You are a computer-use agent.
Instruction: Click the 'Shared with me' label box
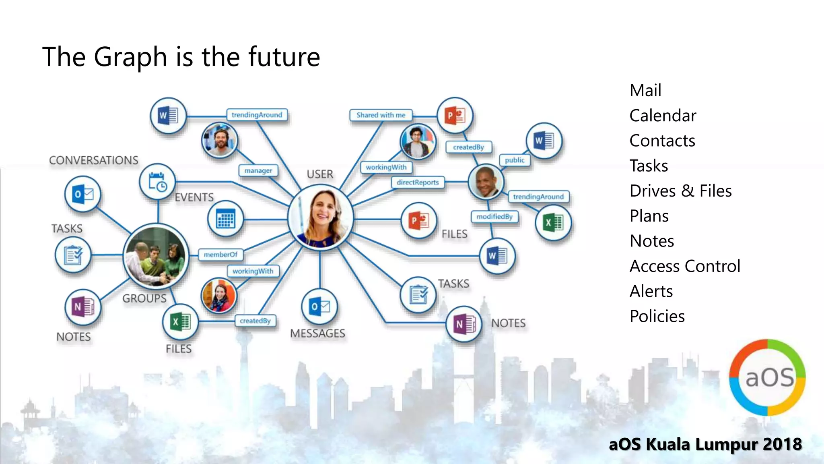[381, 115]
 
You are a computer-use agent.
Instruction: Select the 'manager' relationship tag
[258, 170]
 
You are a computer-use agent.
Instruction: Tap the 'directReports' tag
[418, 182]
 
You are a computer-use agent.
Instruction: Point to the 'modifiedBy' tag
[494, 217]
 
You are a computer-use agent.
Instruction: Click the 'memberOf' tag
[220, 255]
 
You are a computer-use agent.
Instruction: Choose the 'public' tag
[515, 160]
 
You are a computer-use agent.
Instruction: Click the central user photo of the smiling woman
[321, 217]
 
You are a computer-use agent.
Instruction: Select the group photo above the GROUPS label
[156, 256]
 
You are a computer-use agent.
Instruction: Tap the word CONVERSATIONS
[94, 160]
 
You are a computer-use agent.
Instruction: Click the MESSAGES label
[318, 333]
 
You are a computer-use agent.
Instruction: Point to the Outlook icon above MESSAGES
[319, 307]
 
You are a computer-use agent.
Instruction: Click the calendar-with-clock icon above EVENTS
[157, 182]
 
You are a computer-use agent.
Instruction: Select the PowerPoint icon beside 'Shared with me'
[455, 116]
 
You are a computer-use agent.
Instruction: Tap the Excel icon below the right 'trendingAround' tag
[553, 222]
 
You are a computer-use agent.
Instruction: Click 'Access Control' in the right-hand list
[685, 266]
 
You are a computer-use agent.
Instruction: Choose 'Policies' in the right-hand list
[657, 317]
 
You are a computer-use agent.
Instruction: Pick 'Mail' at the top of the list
[645, 90]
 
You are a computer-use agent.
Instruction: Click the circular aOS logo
[767, 377]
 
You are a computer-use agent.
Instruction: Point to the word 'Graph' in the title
[130, 57]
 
